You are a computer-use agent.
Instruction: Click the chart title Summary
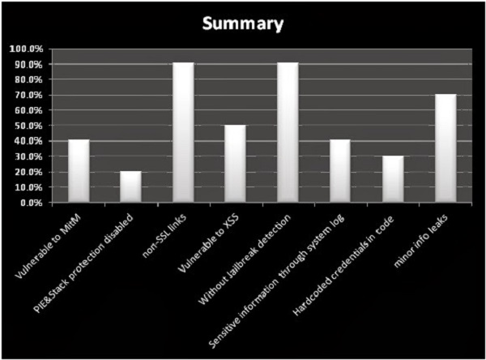243,24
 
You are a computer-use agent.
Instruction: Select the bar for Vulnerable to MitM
79,171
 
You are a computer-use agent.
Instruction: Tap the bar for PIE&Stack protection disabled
130,186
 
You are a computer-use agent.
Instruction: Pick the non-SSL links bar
183,133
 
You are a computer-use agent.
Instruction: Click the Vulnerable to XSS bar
235,164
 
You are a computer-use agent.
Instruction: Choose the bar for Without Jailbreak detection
288,133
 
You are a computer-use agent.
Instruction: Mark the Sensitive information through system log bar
339,171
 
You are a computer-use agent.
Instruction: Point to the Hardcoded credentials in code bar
392,179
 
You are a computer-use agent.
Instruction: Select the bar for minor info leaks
444,148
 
